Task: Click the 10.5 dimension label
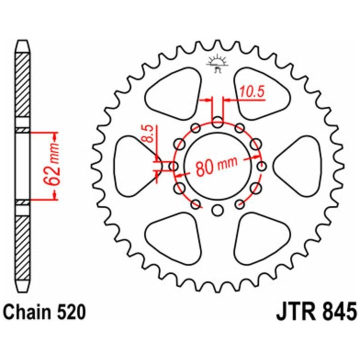252,92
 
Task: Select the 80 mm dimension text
216,166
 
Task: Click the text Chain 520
45,312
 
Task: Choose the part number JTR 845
316,312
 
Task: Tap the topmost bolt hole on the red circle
217,122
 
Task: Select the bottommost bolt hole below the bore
217,210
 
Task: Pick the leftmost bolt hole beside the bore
174,166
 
